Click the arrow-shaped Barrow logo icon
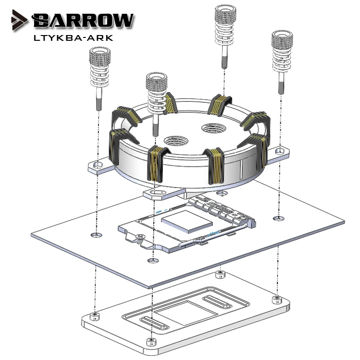19,20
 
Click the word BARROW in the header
83,21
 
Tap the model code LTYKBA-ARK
73,38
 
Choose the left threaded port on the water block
176,141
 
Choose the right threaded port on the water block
214,128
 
